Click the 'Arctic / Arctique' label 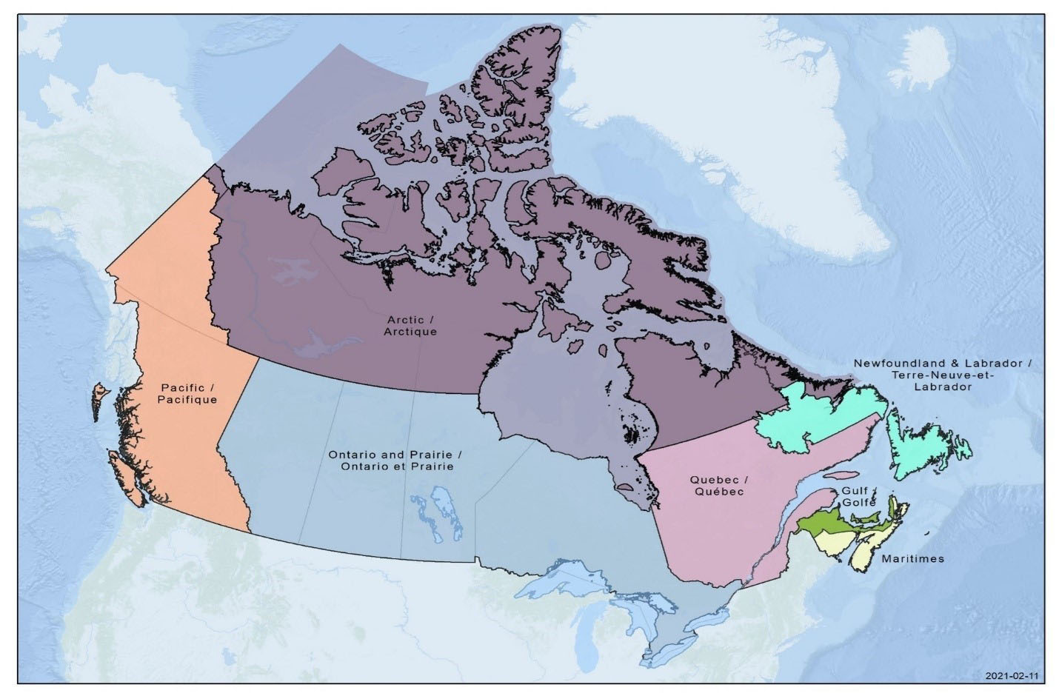[410, 326]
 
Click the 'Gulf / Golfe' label [858, 496]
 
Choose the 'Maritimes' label [912, 558]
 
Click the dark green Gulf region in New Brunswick [822, 526]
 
